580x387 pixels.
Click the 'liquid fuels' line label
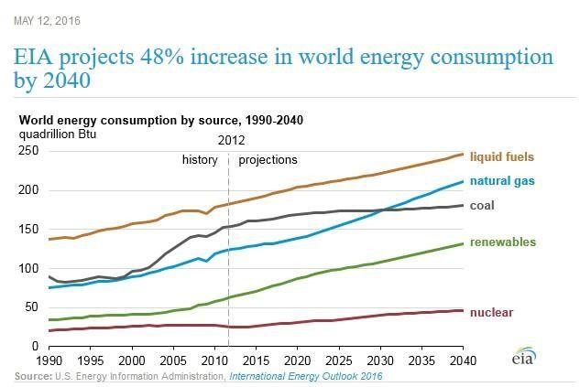point(501,156)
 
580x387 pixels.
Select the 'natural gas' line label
point(502,181)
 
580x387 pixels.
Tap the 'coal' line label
point(482,206)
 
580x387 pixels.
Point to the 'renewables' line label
point(501,242)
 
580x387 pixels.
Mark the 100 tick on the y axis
point(29,269)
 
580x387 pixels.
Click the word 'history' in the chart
point(201,160)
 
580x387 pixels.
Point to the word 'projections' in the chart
point(268,160)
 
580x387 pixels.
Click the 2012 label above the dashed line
point(230,141)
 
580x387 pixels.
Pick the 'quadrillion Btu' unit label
point(58,134)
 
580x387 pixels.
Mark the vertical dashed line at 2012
point(228,256)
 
